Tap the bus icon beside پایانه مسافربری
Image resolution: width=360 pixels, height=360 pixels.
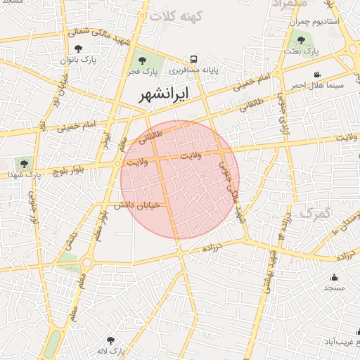[x=193, y=60]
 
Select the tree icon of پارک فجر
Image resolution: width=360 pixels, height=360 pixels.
[x=143, y=60]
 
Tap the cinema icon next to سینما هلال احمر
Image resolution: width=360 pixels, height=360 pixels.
[x=318, y=75]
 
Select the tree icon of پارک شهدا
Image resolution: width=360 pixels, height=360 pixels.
[x=25, y=163]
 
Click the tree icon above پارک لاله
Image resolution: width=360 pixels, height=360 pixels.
[x=110, y=340]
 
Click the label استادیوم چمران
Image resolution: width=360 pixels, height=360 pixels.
[x=314, y=22]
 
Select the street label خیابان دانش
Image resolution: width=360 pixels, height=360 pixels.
[x=139, y=205]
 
